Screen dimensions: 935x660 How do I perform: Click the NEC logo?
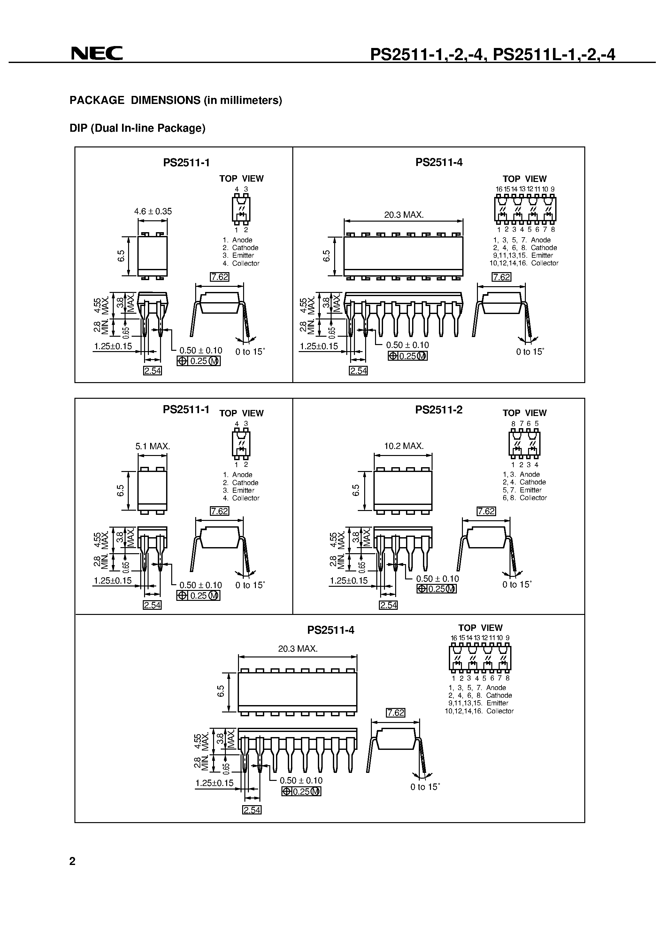click(x=97, y=53)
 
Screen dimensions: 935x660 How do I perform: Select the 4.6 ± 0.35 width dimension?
click(x=153, y=211)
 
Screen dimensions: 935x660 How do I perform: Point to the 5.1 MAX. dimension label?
click(x=153, y=446)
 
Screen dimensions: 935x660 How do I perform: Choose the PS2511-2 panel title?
click(x=439, y=410)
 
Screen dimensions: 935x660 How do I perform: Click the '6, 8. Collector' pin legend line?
click(x=525, y=498)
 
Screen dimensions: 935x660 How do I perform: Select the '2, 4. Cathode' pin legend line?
click(x=524, y=482)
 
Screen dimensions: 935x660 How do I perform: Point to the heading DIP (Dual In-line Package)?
click(x=138, y=128)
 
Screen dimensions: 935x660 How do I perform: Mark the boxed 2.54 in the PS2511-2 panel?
click(x=388, y=605)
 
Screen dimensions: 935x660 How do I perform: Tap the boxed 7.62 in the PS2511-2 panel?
click(x=486, y=511)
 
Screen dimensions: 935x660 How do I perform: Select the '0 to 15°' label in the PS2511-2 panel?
click(x=517, y=585)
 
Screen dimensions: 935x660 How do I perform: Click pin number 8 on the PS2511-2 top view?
click(x=513, y=423)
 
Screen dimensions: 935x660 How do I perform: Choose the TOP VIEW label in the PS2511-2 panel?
click(x=525, y=413)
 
